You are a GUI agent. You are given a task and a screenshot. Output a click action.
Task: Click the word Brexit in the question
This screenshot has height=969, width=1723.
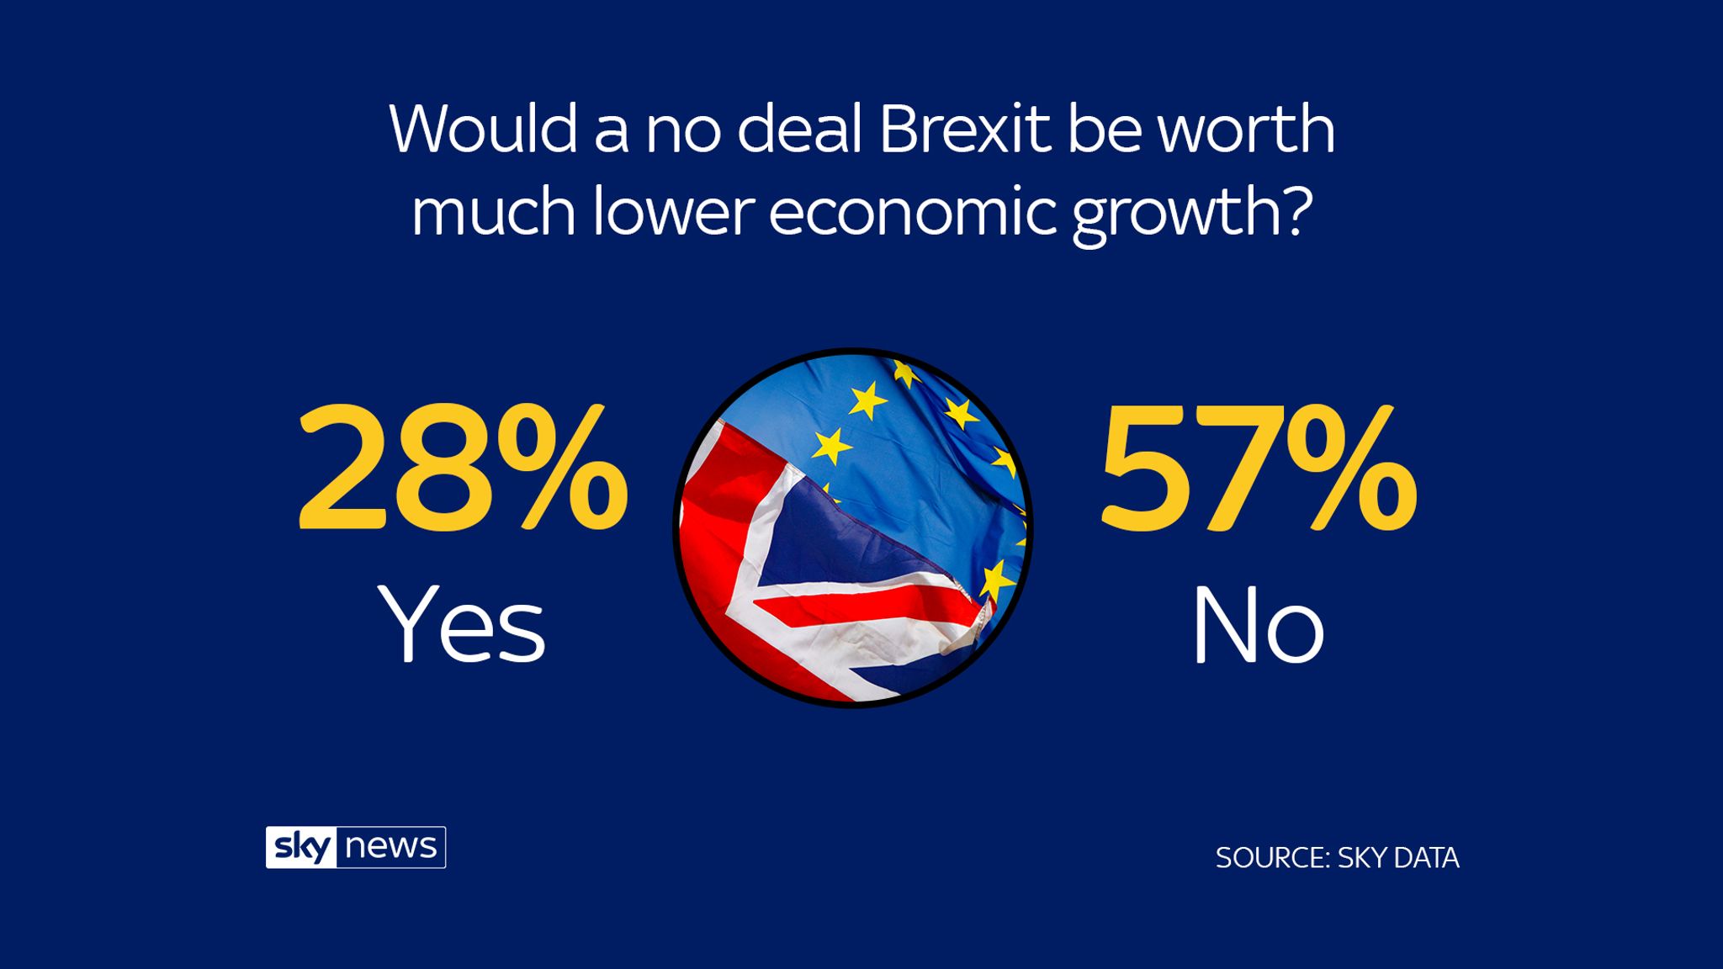[965, 130]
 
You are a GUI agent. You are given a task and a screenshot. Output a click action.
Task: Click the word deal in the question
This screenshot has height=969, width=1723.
[798, 130]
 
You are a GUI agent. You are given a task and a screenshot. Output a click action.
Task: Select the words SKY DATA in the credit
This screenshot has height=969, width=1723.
[1398, 858]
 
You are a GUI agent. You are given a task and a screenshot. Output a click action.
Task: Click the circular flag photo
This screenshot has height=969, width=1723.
[853, 527]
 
